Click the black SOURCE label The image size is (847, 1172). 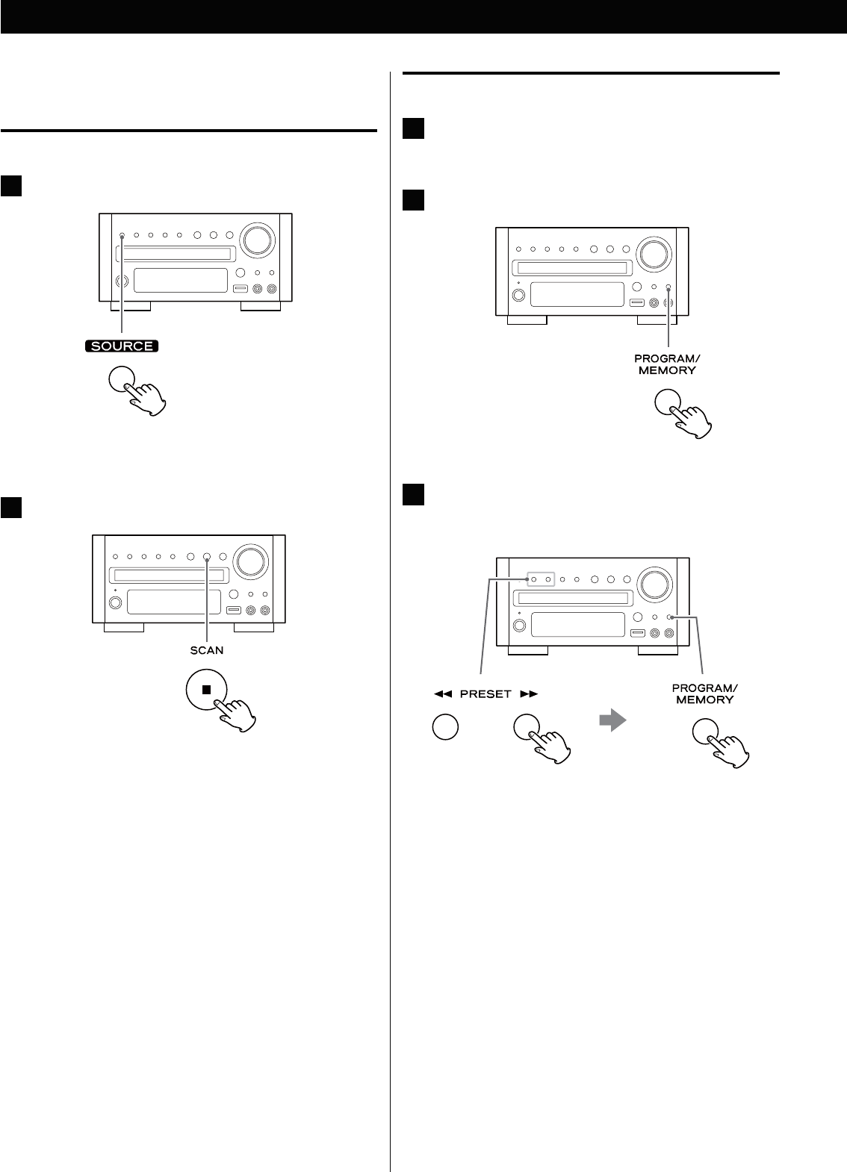point(122,346)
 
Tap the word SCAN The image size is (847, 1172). point(206,649)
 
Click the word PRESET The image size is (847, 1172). point(485,693)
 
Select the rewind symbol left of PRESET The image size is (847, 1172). point(441,693)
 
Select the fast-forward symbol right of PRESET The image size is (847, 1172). point(529,693)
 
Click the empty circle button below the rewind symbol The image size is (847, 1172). point(444,727)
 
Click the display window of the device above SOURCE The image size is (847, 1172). point(181,281)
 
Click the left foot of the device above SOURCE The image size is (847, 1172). point(130,305)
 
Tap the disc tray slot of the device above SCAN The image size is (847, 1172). point(169,576)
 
